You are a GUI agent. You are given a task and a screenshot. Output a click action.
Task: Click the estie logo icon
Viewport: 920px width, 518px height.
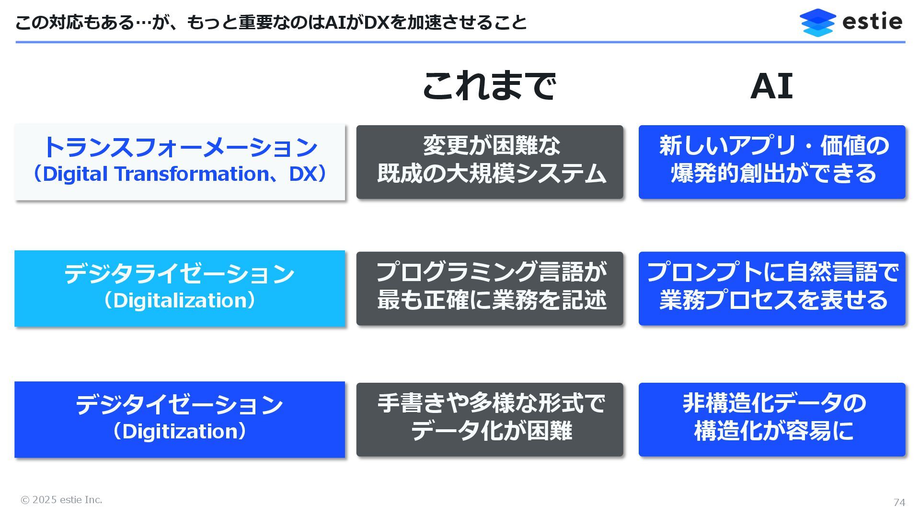pos(817,22)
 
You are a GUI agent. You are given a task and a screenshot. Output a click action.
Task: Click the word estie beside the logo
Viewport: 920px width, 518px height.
pos(872,22)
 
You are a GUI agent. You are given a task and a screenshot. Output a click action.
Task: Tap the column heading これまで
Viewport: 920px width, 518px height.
pos(489,86)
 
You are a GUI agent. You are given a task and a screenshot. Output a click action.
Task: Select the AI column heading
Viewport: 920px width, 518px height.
pos(771,86)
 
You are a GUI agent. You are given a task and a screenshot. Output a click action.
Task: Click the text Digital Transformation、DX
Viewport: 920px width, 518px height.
pos(180,174)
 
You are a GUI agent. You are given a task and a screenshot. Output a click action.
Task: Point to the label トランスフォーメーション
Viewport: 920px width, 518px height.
pos(180,147)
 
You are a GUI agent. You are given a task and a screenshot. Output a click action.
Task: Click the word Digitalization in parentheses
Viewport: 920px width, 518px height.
pos(180,301)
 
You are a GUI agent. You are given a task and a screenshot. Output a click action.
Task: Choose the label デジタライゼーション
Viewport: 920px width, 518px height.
pos(180,273)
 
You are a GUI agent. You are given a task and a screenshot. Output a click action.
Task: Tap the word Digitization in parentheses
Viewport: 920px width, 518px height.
pos(180,432)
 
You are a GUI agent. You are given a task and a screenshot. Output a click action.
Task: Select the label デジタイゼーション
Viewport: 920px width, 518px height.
pos(180,404)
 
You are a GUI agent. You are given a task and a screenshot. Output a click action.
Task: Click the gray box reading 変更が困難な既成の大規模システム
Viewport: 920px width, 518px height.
pos(490,162)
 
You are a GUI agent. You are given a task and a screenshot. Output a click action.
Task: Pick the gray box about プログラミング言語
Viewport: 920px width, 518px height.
pos(490,288)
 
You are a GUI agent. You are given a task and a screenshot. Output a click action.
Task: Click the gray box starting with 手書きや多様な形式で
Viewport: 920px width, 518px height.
pos(490,419)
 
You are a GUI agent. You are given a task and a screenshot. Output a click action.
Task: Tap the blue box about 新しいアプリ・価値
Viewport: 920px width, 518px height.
pos(772,162)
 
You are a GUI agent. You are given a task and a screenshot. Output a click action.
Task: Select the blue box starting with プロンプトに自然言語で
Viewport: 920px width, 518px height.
pos(772,288)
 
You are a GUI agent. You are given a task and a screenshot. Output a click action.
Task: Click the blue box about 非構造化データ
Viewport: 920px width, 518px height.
pos(772,419)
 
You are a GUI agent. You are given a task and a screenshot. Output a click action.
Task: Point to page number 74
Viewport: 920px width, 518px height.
pos(899,502)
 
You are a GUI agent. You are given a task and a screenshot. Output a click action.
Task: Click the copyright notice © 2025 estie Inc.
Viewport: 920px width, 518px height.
pos(61,500)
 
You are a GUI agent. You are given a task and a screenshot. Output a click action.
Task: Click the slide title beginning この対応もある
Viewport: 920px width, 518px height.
pos(271,23)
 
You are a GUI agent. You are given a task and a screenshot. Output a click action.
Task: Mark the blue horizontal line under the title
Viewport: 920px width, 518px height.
pos(460,42)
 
